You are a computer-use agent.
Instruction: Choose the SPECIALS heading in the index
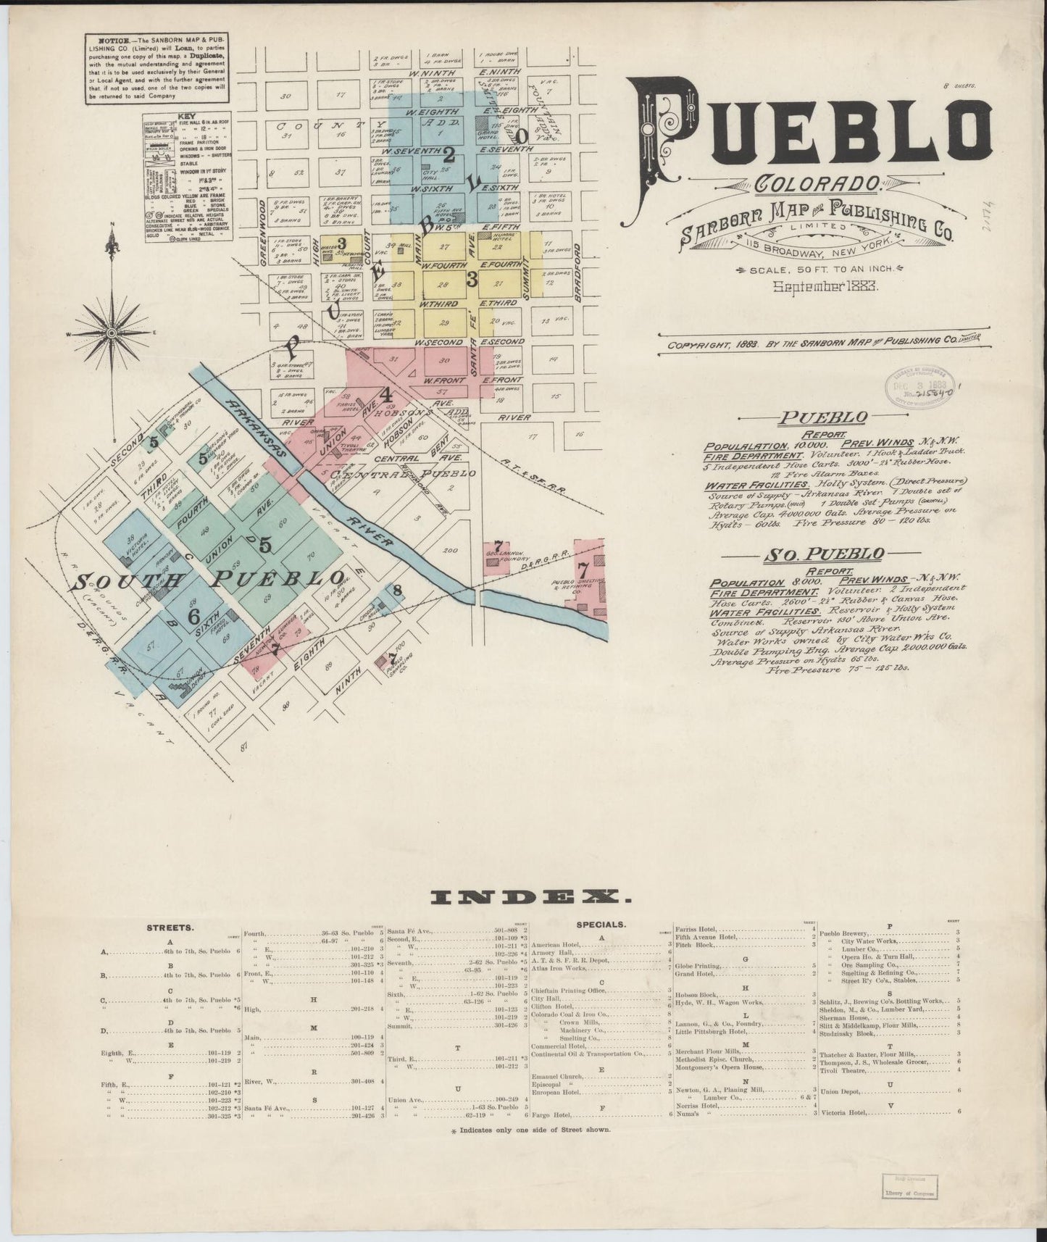[x=601, y=925]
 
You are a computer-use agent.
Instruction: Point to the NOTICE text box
[x=163, y=69]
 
